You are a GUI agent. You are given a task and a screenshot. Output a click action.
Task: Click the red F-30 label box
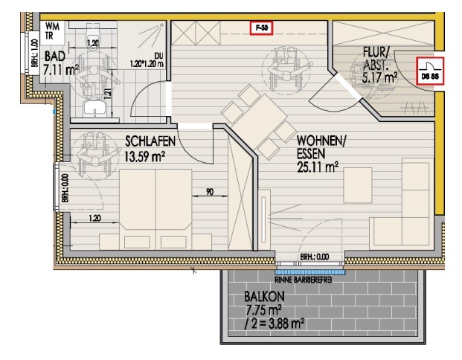(261, 28)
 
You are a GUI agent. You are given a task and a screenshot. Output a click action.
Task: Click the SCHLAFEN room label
(150, 141)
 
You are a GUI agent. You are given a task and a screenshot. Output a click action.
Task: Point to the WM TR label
(53, 30)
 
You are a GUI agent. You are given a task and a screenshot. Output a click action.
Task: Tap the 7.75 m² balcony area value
(263, 311)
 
